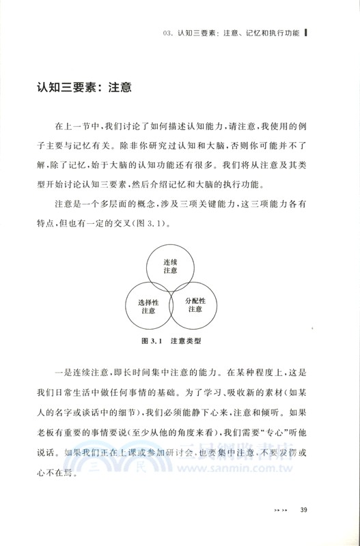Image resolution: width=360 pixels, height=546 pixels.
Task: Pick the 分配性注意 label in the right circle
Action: tap(195, 304)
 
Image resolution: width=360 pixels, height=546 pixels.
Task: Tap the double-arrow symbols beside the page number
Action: tap(281, 525)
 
